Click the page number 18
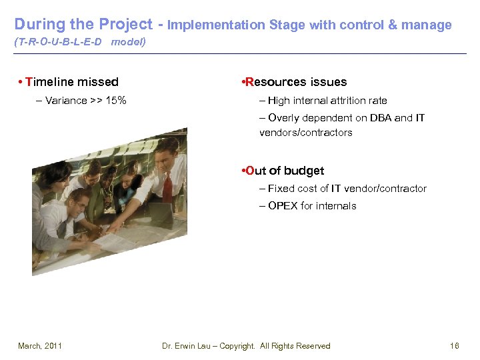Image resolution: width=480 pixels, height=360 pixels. (x=455, y=345)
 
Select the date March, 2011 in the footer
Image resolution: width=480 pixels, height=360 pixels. (x=40, y=345)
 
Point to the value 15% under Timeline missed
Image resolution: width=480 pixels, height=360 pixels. (x=115, y=101)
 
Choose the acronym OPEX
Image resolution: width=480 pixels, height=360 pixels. (x=283, y=206)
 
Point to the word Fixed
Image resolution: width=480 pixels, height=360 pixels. (x=281, y=189)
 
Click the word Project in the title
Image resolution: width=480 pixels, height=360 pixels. (x=125, y=25)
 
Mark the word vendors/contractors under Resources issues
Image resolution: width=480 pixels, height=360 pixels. (x=305, y=133)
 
